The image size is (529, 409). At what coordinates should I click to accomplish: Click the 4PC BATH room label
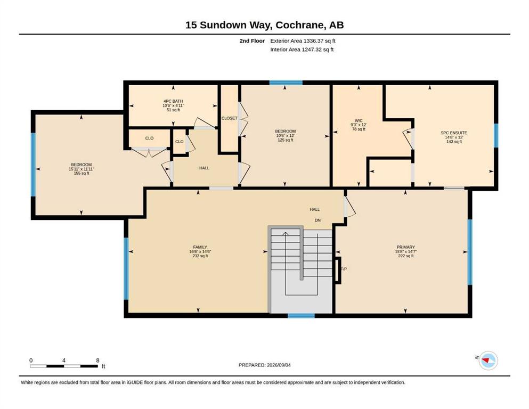pyautogui.click(x=173, y=101)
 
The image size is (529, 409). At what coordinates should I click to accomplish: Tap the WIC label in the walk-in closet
pyautogui.click(x=359, y=121)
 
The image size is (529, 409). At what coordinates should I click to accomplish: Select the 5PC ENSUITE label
pyautogui.click(x=454, y=133)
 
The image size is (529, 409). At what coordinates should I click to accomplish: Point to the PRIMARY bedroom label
pyautogui.click(x=405, y=247)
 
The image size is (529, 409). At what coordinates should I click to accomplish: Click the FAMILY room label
pyautogui.click(x=200, y=247)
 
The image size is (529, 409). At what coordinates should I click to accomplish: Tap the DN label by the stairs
pyautogui.click(x=318, y=220)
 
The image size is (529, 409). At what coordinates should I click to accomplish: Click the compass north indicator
pyautogui.click(x=488, y=361)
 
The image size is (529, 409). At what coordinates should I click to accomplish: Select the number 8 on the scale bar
pyautogui.click(x=98, y=360)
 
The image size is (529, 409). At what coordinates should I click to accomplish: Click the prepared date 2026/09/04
pyautogui.click(x=279, y=365)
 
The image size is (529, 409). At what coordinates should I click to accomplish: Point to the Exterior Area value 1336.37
pyautogui.click(x=313, y=41)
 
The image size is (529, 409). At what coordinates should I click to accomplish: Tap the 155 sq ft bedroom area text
pyautogui.click(x=82, y=173)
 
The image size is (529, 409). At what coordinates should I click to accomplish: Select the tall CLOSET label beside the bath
pyautogui.click(x=230, y=118)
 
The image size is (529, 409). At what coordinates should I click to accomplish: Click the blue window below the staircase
pyautogui.click(x=301, y=316)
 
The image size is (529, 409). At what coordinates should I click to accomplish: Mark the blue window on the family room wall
pyautogui.click(x=126, y=268)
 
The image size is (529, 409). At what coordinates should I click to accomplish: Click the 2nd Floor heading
pyautogui.click(x=252, y=41)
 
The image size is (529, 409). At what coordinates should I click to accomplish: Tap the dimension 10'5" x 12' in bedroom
pyautogui.click(x=285, y=136)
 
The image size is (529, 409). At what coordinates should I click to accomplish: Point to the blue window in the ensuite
pyautogui.click(x=496, y=136)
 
